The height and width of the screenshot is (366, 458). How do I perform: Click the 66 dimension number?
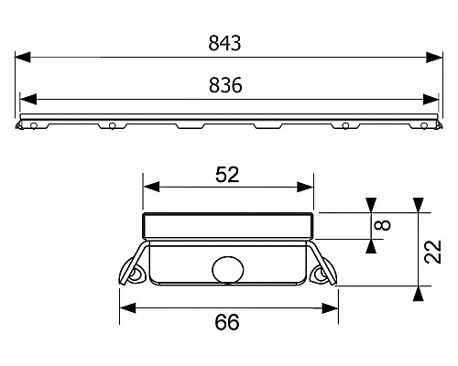pyautogui.click(x=227, y=322)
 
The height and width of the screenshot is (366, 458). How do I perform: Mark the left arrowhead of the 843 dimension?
pyautogui.click(x=24, y=57)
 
